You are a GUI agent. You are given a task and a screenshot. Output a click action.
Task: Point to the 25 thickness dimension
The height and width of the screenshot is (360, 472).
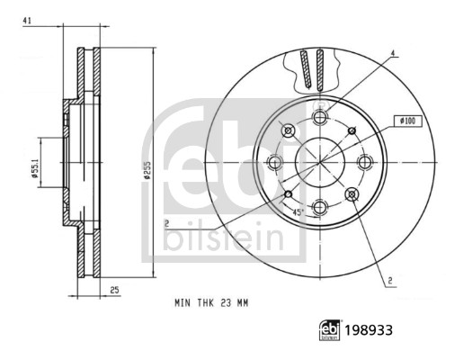coord(115,289)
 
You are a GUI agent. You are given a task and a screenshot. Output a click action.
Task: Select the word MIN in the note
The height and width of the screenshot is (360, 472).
coord(183,305)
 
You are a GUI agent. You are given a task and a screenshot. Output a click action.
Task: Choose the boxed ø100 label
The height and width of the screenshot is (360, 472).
coord(405,120)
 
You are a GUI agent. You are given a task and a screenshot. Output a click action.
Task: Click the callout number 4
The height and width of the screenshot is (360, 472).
coord(392,53)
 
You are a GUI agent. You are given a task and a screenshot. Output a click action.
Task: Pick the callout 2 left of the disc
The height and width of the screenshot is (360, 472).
coord(166,221)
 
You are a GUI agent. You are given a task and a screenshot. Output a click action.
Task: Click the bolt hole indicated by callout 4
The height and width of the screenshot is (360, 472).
coord(319,117)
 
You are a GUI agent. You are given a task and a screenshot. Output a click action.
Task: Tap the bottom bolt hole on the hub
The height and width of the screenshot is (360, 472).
coord(319,207)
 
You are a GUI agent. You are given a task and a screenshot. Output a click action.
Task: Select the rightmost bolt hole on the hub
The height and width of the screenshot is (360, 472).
coord(364,162)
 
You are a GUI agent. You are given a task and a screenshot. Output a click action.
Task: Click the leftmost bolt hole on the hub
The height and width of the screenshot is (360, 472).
coord(274,162)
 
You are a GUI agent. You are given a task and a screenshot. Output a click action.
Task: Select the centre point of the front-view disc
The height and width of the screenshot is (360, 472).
coord(319,162)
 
